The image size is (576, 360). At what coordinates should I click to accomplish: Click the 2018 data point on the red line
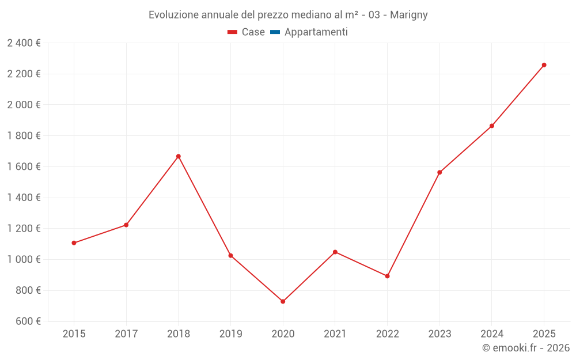(x=179, y=156)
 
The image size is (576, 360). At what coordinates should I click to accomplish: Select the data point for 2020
(x=283, y=301)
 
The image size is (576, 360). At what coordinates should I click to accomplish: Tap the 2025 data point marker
(x=544, y=65)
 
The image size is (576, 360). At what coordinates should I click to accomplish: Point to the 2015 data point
(x=74, y=243)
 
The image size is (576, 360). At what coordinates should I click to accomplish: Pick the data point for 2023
(x=439, y=172)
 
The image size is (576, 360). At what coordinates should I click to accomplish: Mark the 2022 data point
(x=387, y=276)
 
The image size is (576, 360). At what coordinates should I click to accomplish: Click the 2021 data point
(x=335, y=252)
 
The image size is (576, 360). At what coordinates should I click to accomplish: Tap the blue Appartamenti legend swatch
(x=275, y=32)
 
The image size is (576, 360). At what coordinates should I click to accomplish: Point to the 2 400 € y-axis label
(x=24, y=43)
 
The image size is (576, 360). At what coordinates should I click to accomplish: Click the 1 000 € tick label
(x=24, y=259)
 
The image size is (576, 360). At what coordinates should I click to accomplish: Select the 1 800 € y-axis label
(x=24, y=135)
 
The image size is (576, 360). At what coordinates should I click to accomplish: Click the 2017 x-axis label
(x=126, y=334)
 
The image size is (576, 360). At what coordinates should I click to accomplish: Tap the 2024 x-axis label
(x=491, y=334)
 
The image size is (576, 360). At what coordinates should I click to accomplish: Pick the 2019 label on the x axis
(x=230, y=334)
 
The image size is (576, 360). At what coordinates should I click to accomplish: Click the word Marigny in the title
(x=408, y=15)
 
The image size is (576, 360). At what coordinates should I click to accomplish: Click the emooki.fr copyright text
(x=525, y=348)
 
